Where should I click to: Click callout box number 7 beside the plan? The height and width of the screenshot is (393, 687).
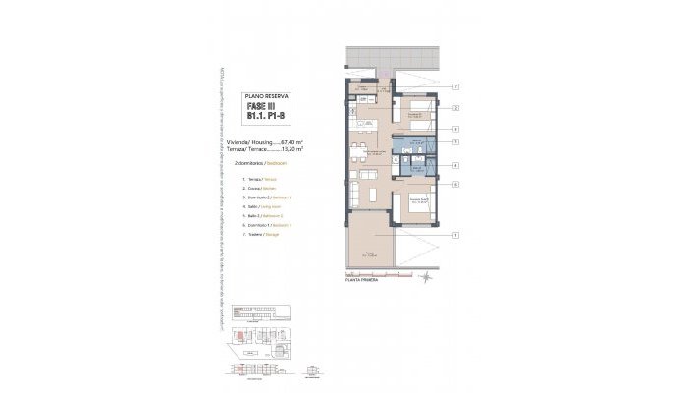click(x=456, y=87)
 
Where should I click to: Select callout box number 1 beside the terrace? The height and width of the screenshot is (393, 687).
click(x=456, y=235)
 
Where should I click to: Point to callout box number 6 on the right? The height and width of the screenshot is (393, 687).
click(x=456, y=184)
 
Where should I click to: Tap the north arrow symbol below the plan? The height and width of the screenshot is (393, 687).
click(x=427, y=279)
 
